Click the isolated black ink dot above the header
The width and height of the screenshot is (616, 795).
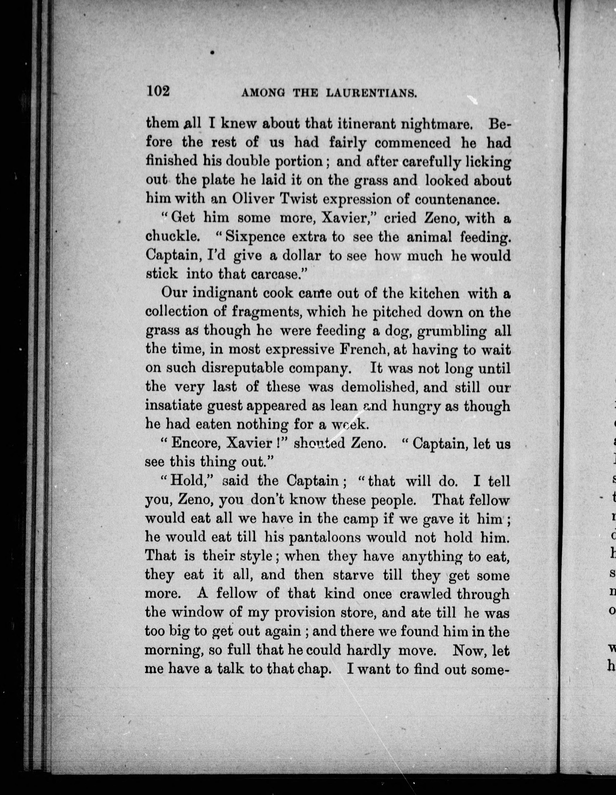(212, 53)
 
